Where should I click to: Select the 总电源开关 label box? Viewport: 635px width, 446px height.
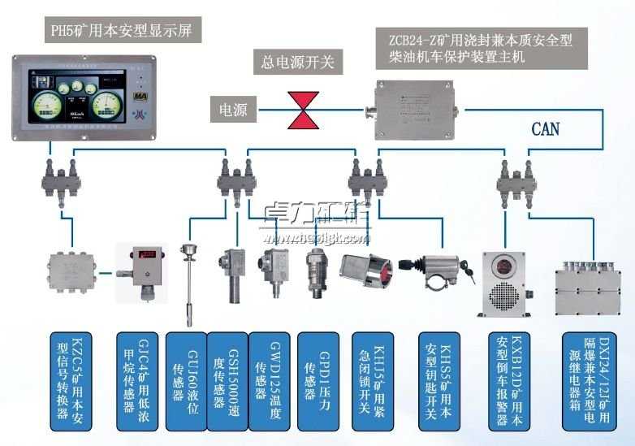pos(297,61)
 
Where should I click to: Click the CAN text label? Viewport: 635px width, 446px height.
pos(545,128)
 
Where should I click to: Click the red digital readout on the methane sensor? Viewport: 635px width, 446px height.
pos(148,254)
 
